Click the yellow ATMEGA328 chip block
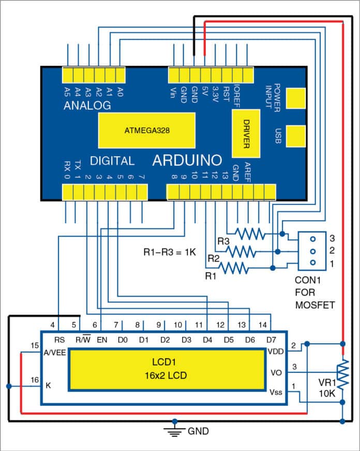click(x=147, y=131)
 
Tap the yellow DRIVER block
click(x=246, y=135)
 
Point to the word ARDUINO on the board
click(x=187, y=161)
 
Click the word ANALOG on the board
click(x=87, y=106)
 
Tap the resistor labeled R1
click(x=234, y=267)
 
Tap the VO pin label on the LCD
click(x=275, y=372)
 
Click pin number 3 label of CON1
click(x=333, y=238)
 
